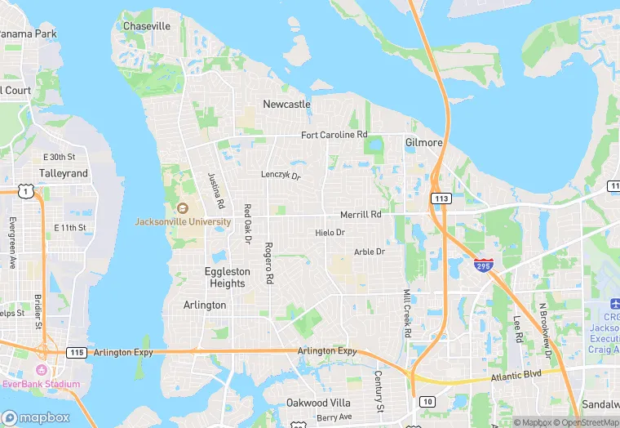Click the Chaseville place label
[147, 26]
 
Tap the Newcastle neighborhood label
[286, 105]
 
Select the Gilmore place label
[424, 142]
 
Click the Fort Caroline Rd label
[334, 134]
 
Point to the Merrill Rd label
[361, 215]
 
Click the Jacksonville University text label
[183, 221]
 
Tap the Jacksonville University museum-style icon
[182, 208]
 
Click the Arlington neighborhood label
[205, 305]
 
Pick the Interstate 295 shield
[482, 265]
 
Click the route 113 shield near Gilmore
[441, 198]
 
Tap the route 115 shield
[76, 352]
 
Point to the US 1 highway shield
[28, 191]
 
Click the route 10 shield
[427, 401]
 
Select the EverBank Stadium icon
[40, 370]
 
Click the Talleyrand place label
[64, 174]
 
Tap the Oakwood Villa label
[318, 403]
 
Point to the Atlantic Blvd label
[516, 377]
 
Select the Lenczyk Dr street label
[281, 176]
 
